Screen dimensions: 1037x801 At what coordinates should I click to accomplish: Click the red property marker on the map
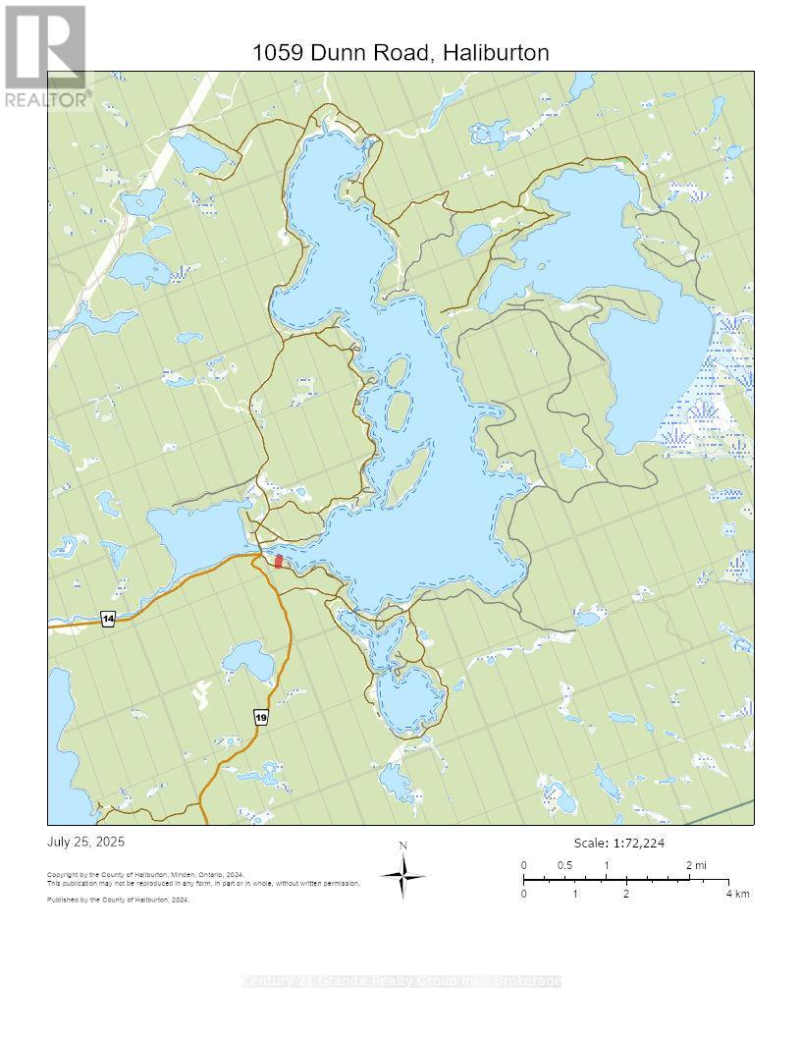tap(278, 561)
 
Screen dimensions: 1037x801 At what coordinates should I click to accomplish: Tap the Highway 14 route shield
tap(108, 619)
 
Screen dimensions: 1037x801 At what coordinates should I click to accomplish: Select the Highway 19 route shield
tap(261, 718)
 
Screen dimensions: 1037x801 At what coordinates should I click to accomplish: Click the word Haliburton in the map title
tap(496, 53)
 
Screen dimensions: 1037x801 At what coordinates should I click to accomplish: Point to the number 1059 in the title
tap(279, 53)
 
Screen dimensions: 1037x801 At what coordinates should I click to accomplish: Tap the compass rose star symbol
tap(403, 875)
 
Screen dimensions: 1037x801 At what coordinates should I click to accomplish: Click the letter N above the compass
tap(403, 846)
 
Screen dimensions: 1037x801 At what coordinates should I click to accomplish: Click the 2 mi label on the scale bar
tap(695, 865)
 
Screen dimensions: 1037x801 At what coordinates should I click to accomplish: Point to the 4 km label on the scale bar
tap(737, 894)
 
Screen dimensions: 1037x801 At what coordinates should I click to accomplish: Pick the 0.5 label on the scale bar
tap(564, 865)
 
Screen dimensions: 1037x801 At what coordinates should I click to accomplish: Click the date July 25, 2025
tap(86, 843)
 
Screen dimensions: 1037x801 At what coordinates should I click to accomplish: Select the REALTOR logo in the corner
tap(46, 56)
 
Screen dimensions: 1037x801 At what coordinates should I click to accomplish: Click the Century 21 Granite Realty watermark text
tap(400, 981)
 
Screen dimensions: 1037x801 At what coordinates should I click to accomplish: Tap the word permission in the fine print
tap(340, 883)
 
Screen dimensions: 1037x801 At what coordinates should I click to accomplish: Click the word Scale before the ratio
tap(591, 844)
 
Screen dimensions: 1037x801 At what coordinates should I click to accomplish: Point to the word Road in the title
tap(400, 53)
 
